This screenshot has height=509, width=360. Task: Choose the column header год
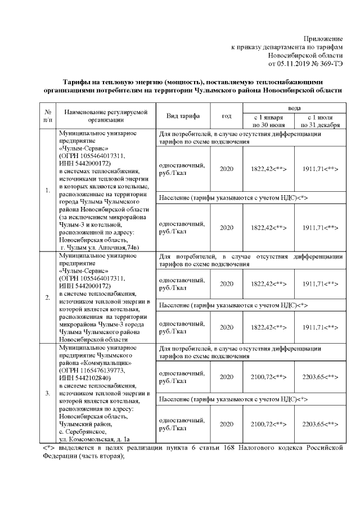pyautogui.click(x=226, y=116)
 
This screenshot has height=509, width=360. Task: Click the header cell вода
pyautogui.click(x=293, y=107)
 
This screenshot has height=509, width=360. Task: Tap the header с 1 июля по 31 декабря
pyautogui.click(x=320, y=120)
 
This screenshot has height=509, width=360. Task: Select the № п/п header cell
pyautogui.click(x=48, y=116)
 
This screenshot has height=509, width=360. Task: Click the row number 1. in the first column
pyautogui.click(x=48, y=190)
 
